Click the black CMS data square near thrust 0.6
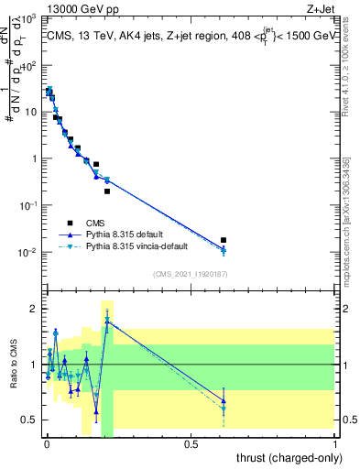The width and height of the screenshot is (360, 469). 224,240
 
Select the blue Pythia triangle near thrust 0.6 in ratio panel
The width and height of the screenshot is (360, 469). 224,399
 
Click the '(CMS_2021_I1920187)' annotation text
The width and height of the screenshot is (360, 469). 190,274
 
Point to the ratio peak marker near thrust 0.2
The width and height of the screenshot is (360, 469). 107,321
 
